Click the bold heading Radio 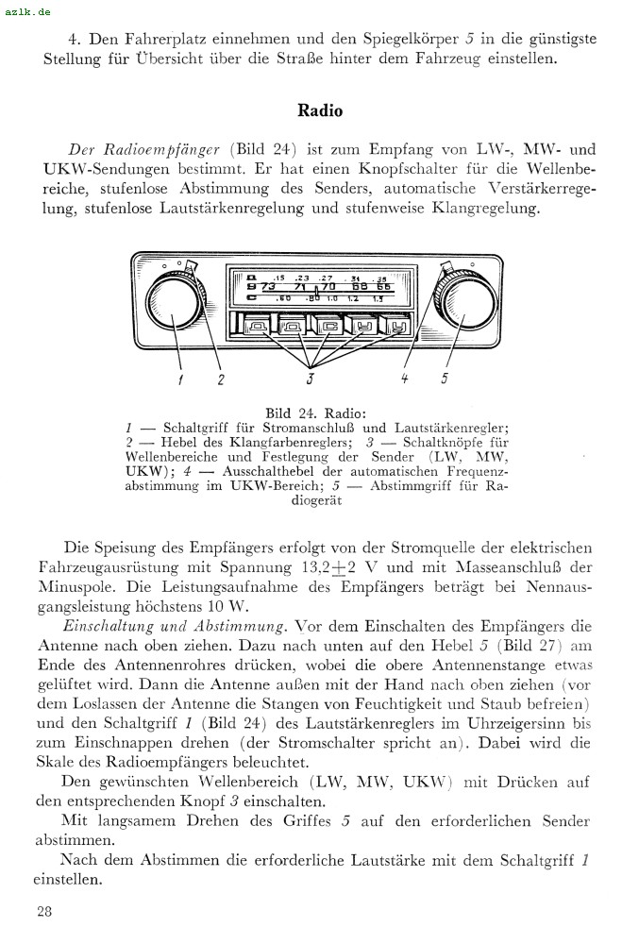click(x=320, y=110)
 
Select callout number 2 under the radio click(x=221, y=379)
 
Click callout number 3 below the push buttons click(x=309, y=379)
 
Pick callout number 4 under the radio click(x=404, y=379)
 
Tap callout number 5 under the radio click(x=444, y=379)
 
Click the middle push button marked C click(x=329, y=328)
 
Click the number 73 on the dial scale click(x=268, y=287)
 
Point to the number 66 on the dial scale click(x=383, y=287)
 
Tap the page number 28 click(x=44, y=911)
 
